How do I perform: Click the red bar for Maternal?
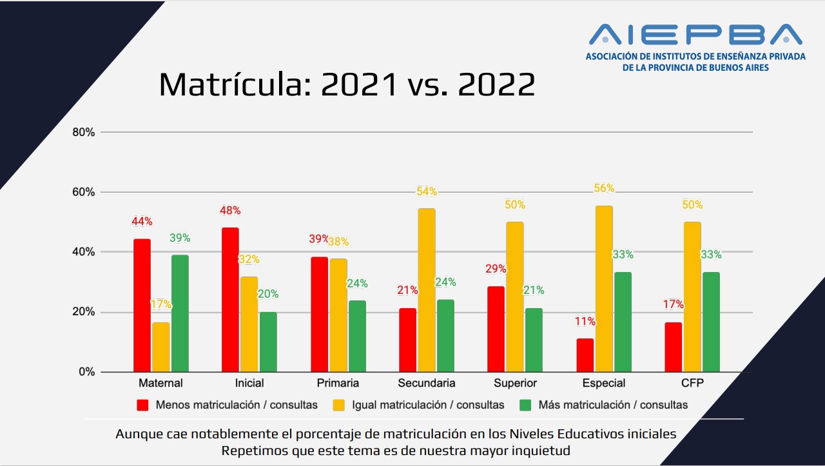pyautogui.click(x=142, y=306)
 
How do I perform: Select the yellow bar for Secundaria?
pyautogui.click(x=427, y=290)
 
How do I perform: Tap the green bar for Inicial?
pyautogui.click(x=268, y=342)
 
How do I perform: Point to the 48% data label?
pyautogui.click(x=230, y=211)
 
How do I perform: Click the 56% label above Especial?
pyautogui.click(x=604, y=189)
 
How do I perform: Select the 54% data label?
pyautogui.click(x=427, y=191)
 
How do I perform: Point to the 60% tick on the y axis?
pyautogui.click(x=84, y=192)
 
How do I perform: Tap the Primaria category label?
pyautogui.click(x=338, y=383)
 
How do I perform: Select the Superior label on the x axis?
pyautogui.click(x=515, y=383)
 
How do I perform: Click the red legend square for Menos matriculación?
pyautogui.click(x=142, y=405)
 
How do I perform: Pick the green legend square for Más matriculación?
pyautogui.click(x=525, y=405)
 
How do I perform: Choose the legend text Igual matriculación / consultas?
pyautogui.click(x=428, y=405)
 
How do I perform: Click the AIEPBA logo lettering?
pyautogui.click(x=695, y=35)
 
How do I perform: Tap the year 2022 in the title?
pyautogui.click(x=496, y=84)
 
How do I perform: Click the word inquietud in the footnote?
pyautogui.click(x=539, y=451)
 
